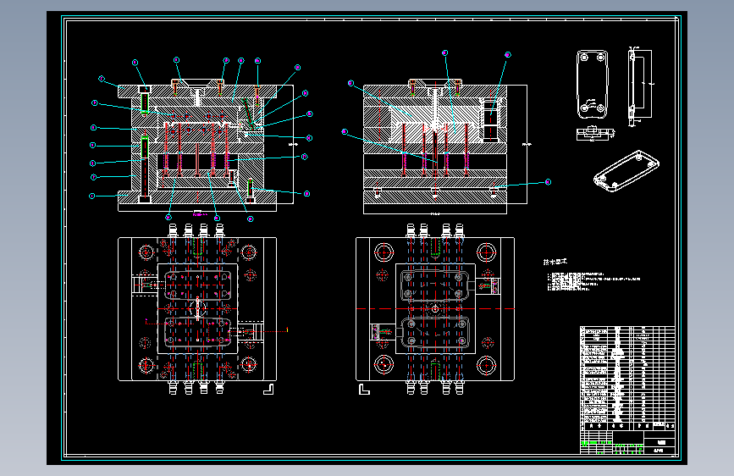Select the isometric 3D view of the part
(x=626, y=170)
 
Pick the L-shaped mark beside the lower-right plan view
(x=365, y=389)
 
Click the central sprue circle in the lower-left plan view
(x=197, y=308)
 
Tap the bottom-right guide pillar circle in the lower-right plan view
(x=486, y=365)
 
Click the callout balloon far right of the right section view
(x=548, y=181)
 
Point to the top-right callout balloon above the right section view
(x=507, y=55)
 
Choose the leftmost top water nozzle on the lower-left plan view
(x=172, y=230)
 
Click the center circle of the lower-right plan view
(x=434, y=308)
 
